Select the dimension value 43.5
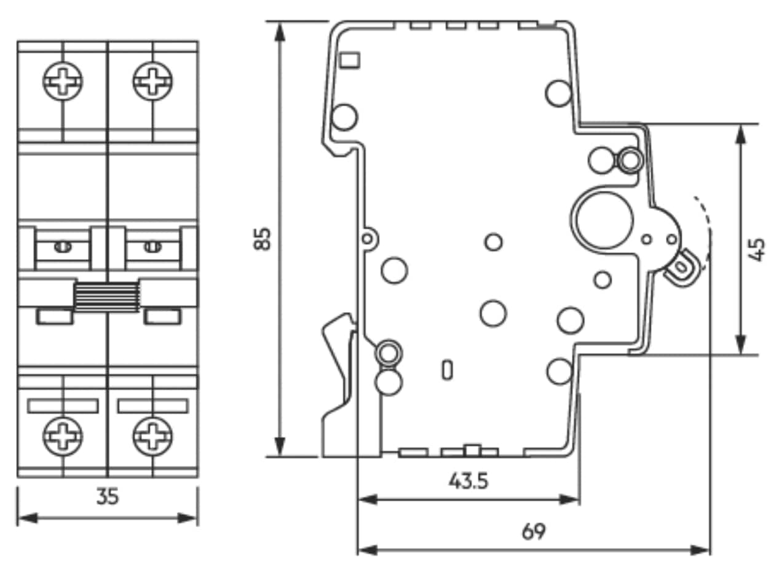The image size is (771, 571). [x=469, y=480]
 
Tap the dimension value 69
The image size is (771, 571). [x=533, y=531]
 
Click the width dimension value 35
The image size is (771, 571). [x=107, y=497]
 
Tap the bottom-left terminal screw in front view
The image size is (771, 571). [x=63, y=436]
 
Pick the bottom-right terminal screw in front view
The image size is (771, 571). [x=152, y=436]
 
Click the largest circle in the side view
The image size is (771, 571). [x=603, y=218]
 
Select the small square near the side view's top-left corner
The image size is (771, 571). [x=350, y=60]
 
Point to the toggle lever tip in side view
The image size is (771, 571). [x=682, y=267]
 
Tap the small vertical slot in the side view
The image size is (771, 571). [x=448, y=369]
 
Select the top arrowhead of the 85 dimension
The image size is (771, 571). [x=280, y=31]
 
